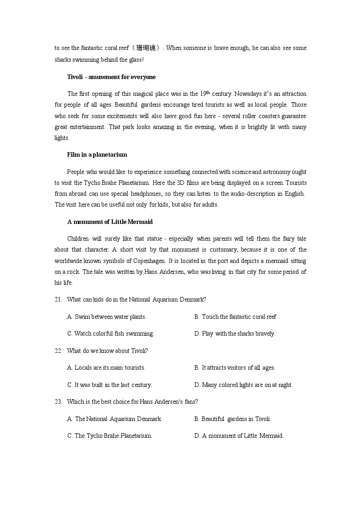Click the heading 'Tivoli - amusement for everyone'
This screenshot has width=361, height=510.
[x=111, y=77]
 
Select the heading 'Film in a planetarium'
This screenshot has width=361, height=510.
[x=97, y=154]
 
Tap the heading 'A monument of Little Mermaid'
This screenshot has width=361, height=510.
[x=110, y=222]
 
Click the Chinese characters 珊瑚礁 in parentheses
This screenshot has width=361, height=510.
[x=145, y=48]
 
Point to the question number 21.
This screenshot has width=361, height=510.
[x=58, y=299]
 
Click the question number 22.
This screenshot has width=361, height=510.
[x=58, y=351]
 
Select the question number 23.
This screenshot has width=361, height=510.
[x=58, y=401]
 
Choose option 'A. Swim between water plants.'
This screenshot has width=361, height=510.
[x=106, y=317]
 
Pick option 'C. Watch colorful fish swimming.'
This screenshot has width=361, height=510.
[x=110, y=333]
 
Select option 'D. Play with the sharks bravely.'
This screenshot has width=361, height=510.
[x=235, y=333]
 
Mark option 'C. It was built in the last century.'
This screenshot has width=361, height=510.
[x=110, y=385]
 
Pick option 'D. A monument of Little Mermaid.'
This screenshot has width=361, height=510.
[x=239, y=436]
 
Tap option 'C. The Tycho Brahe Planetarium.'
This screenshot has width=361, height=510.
[x=110, y=436]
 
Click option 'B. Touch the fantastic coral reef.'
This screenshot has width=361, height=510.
[x=236, y=317]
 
